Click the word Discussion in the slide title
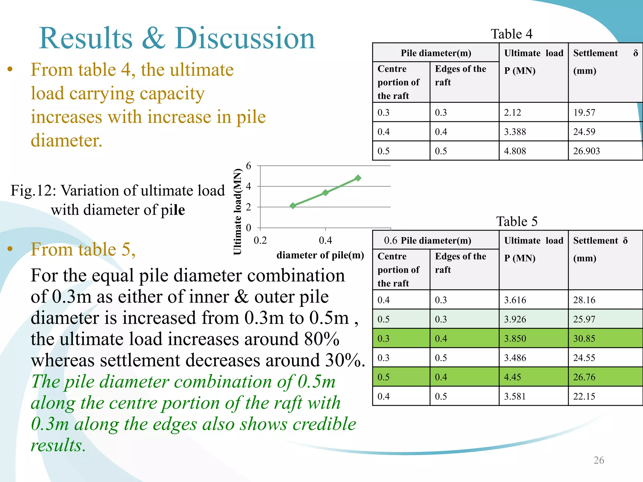[x=245, y=38]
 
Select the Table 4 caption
[x=511, y=34]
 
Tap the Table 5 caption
[x=516, y=221]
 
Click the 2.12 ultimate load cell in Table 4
[x=512, y=112]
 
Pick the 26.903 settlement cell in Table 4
[x=586, y=151]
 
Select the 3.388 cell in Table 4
[x=515, y=132]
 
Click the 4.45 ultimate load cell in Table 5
[x=512, y=377]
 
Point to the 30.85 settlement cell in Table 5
[x=584, y=338]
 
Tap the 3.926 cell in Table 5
[x=515, y=319]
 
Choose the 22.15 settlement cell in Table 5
[x=584, y=396]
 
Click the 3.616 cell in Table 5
[x=515, y=300]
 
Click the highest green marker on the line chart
[x=358, y=178]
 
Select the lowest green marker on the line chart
[x=293, y=206]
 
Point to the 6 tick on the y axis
[x=249, y=166]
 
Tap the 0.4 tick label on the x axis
[x=325, y=240]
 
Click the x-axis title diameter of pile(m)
[x=320, y=255]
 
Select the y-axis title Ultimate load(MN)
[x=238, y=212]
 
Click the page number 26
[x=599, y=460]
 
